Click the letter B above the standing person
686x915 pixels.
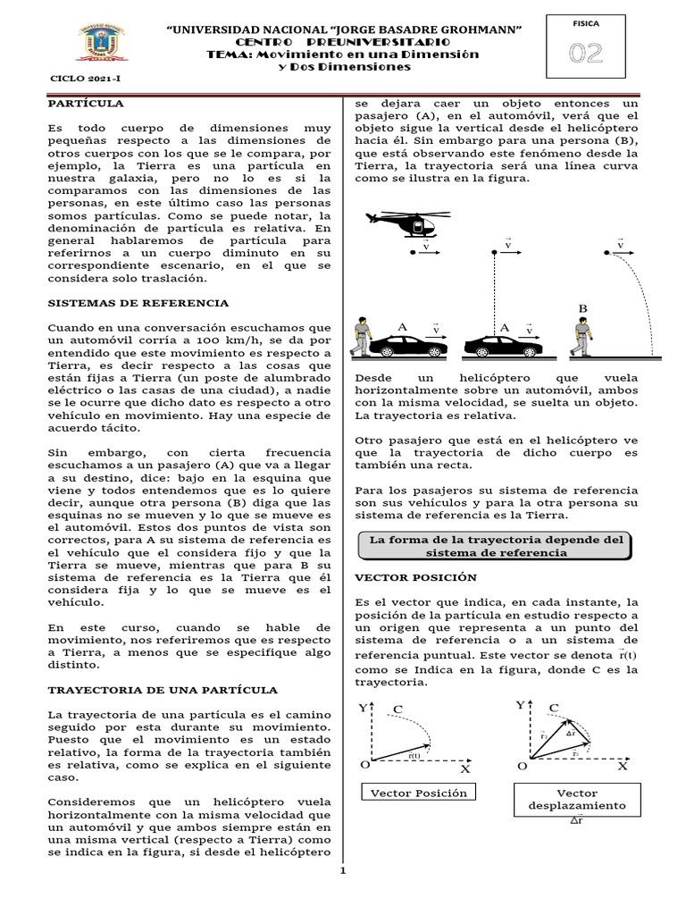point(584,308)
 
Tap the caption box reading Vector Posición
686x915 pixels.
point(415,793)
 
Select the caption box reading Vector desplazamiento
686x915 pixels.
point(577,800)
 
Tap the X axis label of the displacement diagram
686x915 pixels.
point(623,766)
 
